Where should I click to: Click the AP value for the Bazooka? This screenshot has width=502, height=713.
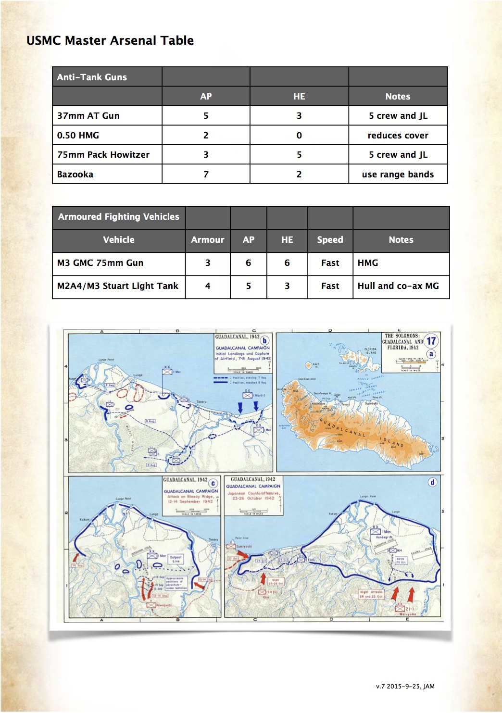pos(206,174)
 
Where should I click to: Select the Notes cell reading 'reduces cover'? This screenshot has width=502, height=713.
pos(398,135)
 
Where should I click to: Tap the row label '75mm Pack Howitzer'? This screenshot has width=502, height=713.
pos(103,154)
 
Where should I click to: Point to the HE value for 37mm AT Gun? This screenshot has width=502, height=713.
pos(299,115)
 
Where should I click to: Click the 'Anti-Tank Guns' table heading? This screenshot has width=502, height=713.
pos(92,77)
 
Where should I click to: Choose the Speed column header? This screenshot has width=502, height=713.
pos(330,239)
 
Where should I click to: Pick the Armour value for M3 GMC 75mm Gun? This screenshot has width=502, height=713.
pos(208,263)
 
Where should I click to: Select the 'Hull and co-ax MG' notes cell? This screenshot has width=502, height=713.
pos(398,286)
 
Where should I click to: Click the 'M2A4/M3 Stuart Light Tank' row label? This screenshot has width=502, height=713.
pos(118,286)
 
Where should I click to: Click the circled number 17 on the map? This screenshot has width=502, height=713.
pos(431,341)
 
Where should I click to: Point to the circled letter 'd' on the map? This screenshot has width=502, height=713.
pos(432,482)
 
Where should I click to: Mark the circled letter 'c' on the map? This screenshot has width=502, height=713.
pos(213,483)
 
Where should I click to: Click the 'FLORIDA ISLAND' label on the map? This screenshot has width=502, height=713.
pos(370,351)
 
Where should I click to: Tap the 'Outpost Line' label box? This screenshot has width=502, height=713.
pos(176,559)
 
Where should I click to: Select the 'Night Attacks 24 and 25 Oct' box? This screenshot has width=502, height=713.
pos(371,594)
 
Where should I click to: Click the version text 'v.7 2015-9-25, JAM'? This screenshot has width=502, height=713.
pos(405,686)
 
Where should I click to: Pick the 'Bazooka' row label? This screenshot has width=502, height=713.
pos(75,174)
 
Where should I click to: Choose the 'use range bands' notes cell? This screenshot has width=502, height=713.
pos(398,174)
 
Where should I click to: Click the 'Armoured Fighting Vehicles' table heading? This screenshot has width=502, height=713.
pos(118,216)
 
